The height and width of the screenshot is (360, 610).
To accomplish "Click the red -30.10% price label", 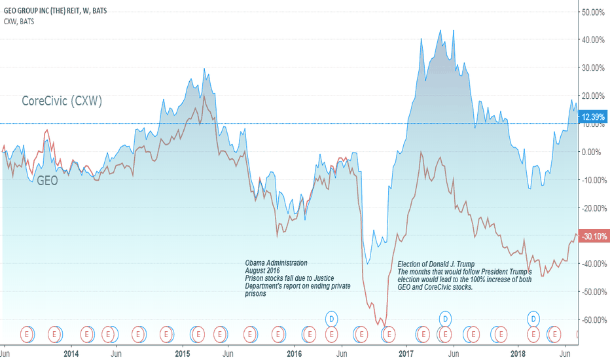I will (x=592, y=236).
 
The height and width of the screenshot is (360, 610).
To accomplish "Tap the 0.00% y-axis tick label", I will (x=592, y=152).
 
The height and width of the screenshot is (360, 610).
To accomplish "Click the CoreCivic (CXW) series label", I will (x=62, y=101).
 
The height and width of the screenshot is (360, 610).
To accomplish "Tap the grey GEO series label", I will (x=46, y=181).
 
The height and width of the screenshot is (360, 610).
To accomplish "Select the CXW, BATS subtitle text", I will (x=20, y=22).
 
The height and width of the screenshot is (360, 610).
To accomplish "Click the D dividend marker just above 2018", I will (x=534, y=319).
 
